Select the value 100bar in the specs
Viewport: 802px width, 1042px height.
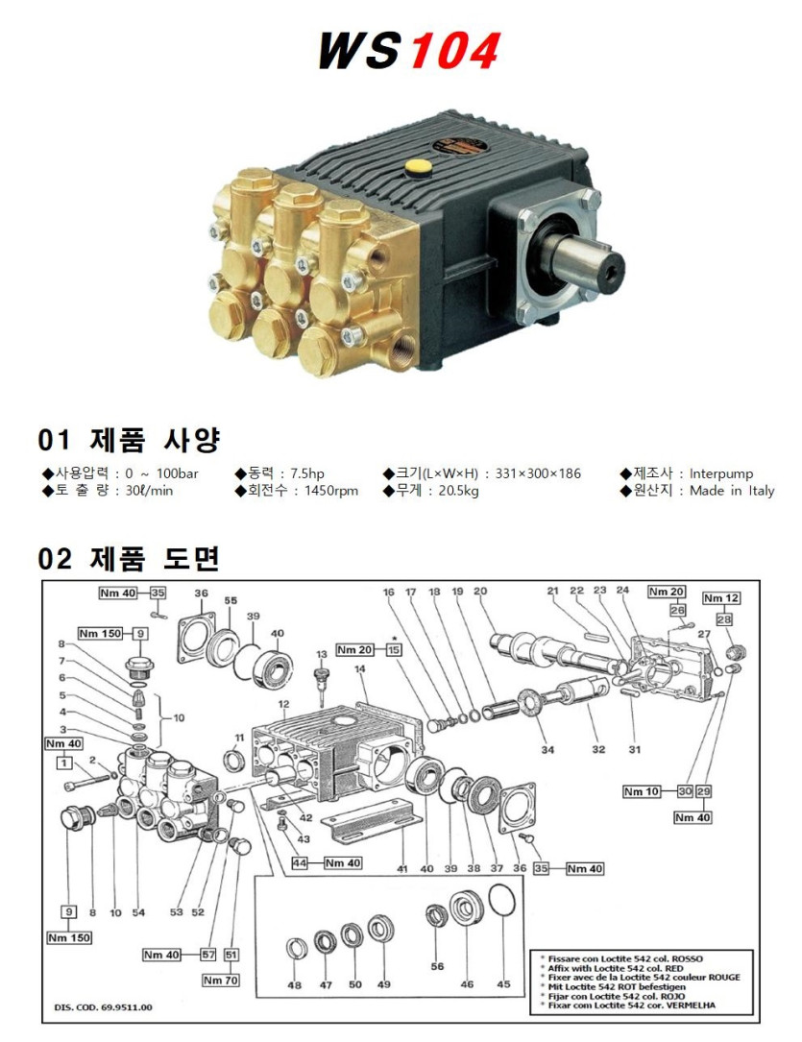pyautogui.click(x=178, y=473)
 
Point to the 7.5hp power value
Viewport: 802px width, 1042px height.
pyautogui.click(x=307, y=473)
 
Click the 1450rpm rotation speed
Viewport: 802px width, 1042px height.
pyautogui.click(x=331, y=491)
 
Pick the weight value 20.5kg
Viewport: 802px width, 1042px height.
pyautogui.click(x=458, y=491)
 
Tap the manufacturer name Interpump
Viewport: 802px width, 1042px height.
pyautogui.click(x=721, y=473)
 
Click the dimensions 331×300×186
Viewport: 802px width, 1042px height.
pyautogui.click(x=538, y=473)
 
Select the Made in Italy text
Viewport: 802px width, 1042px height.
pyautogui.click(x=732, y=491)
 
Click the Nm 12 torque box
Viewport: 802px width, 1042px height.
pyautogui.click(x=721, y=598)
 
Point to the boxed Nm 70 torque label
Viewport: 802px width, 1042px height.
pyautogui.click(x=221, y=981)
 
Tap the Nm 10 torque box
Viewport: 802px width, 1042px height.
pyautogui.click(x=642, y=791)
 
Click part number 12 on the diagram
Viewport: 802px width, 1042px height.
pyautogui.click(x=283, y=704)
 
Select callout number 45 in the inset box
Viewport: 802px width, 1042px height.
pyautogui.click(x=503, y=983)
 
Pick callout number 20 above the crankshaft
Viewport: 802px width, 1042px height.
pyautogui.click(x=480, y=591)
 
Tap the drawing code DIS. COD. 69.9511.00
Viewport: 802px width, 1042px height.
pyautogui.click(x=103, y=1007)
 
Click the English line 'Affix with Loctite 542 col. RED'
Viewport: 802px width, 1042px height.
pyautogui.click(x=616, y=968)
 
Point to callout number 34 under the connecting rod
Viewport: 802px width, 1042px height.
pyautogui.click(x=547, y=750)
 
